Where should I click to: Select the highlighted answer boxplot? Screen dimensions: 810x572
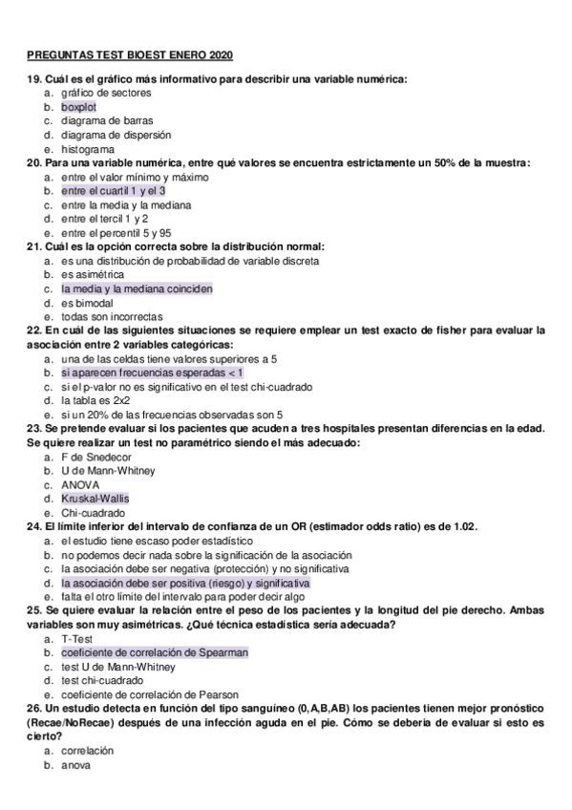78,107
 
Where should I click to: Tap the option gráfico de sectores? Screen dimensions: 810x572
105,93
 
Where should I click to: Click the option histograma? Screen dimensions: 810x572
88,149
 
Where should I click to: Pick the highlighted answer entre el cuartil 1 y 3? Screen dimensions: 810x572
113,191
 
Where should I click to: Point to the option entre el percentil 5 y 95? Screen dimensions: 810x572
116,232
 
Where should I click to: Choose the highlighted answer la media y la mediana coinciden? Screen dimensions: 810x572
137,288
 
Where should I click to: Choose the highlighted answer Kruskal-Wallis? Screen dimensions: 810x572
95,499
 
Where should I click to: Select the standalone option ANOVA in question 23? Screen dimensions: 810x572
79,484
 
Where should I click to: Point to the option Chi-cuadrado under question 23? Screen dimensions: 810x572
94,513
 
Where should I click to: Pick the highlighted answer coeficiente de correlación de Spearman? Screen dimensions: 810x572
155,652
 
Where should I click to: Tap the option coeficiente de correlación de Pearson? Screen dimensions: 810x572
150,694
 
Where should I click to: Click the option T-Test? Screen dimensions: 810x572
77,638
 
